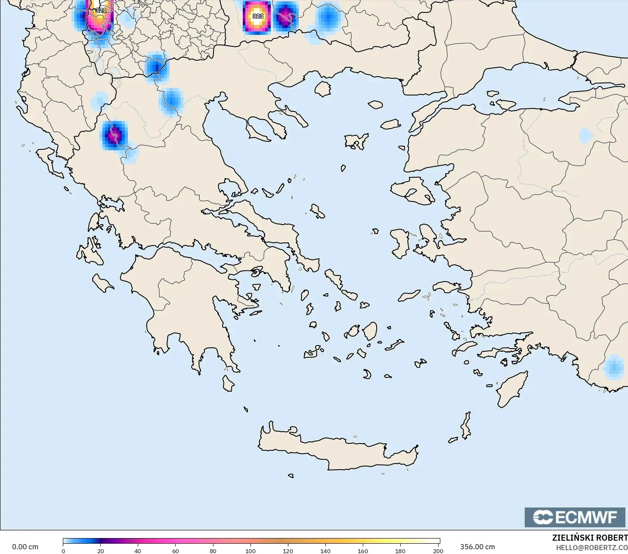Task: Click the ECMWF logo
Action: tap(575, 517)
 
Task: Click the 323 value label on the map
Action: tap(257, 16)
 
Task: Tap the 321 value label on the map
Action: tap(101, 10)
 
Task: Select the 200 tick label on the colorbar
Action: tap(438, 551)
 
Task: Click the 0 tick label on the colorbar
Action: tap(63, 551)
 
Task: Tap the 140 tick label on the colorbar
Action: tap(325, 551)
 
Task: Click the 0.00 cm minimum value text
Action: tap(25, 547)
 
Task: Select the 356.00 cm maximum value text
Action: tap(477, 547)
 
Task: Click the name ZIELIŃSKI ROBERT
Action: tap(590, 538)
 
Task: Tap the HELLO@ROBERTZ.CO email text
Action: tap(591, 548)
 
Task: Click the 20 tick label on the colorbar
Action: tap(101, 551)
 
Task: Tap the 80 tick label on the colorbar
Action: tap(213, 551)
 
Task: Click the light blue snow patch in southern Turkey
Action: tap(614, 368)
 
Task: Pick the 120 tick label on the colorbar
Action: tap(288, 551)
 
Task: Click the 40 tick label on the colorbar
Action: tap(138, 551)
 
